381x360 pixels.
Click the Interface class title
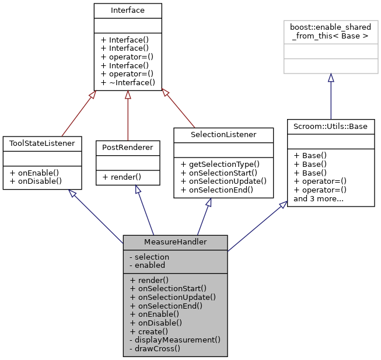point(127,10)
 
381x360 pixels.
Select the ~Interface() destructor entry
point(127,83)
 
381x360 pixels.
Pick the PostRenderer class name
point(127,148)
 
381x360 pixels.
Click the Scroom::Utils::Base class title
point(330,126)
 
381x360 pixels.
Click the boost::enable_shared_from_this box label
point(330,32)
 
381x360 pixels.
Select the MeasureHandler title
point(175,242)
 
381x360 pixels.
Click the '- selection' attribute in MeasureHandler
point(148,257)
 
